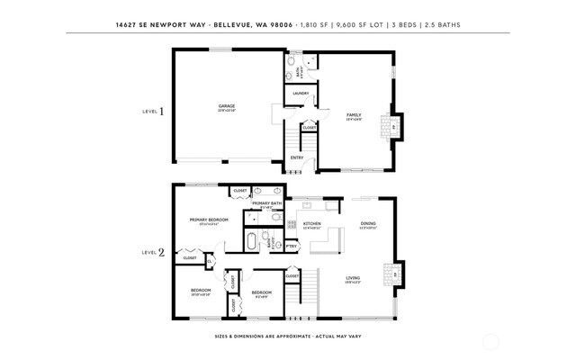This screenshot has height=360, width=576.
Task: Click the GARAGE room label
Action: point(226,106)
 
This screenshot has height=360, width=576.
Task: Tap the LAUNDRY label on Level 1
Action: point(301,94)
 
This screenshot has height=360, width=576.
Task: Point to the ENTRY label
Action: point(296,158)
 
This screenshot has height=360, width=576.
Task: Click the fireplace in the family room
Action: point(392,125)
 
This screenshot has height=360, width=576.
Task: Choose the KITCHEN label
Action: point(312,223)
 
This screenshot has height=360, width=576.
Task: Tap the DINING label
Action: point(368,223)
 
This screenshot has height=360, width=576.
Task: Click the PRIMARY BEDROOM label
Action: point(208,220)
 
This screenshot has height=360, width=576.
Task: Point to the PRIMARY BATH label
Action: point(267,203)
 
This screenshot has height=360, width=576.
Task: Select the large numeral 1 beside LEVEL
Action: point(162,112)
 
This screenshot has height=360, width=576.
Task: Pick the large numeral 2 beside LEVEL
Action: point(162,253)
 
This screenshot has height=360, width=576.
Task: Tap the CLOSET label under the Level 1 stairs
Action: point(309,128)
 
